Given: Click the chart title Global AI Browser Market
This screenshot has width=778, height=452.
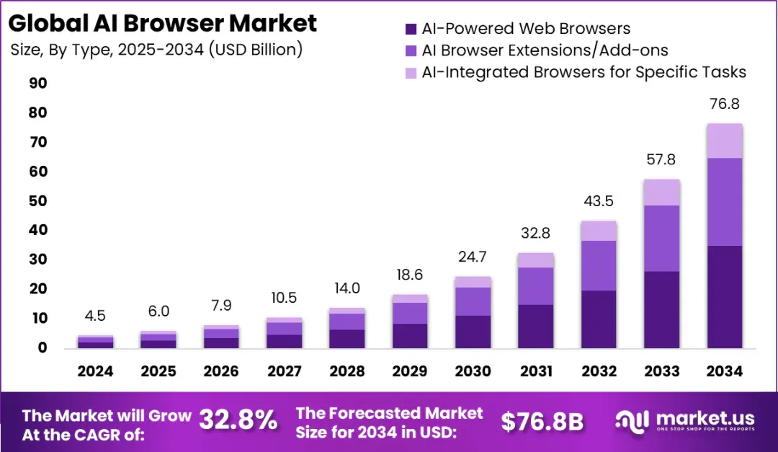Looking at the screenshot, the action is [162, 23].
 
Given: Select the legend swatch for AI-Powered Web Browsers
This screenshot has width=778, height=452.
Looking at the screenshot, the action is [411, 29].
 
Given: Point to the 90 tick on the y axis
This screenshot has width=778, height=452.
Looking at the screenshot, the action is [38, 83].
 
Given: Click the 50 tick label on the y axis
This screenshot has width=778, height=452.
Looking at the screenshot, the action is [38, 200].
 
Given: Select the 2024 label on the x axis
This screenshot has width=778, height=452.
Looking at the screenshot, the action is [95, 371].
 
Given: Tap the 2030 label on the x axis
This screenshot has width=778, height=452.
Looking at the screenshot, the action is [473, 371].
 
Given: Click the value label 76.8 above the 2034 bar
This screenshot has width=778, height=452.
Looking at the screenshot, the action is [725, 104].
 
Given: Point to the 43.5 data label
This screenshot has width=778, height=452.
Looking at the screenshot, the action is [599, 201].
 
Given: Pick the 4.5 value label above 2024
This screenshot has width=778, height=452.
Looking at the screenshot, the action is [95, 316].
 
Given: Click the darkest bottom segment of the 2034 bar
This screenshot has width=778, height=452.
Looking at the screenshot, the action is [725, 297].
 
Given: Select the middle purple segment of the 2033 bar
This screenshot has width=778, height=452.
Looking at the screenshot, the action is [661, 239].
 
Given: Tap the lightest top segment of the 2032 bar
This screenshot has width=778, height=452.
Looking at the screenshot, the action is [599, 231].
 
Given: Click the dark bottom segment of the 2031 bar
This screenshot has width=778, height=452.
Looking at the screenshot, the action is [536, 327].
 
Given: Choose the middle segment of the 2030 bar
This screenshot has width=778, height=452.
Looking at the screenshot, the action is [473, 301].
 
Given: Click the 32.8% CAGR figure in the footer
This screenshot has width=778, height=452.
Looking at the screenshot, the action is [238, 421].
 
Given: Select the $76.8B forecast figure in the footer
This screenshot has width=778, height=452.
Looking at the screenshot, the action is [542, 422].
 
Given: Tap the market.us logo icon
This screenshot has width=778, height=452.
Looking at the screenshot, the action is [632, 421].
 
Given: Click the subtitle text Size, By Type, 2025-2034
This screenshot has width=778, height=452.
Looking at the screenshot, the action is [107, 50].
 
